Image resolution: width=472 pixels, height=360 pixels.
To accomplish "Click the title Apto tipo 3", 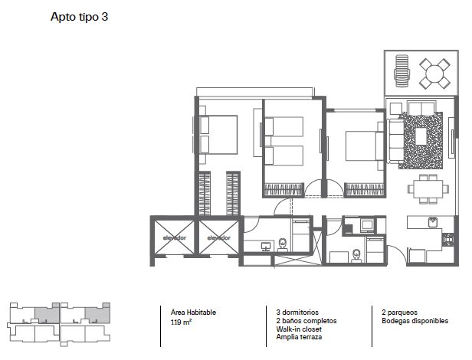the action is click(79, 17).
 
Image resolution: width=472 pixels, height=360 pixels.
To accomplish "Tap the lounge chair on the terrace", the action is click(402, 70).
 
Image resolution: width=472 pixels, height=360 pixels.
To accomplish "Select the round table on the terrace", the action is click(434, 74).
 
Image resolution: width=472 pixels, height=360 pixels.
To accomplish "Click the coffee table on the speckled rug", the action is click(421, 136).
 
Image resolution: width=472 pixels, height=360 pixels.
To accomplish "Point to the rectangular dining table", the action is click(428, 188).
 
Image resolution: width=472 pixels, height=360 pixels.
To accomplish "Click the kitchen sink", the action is click(433, 222).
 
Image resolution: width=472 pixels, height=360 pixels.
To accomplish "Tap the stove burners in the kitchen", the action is click(448, 239).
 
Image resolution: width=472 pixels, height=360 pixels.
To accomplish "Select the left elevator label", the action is click(175, 237).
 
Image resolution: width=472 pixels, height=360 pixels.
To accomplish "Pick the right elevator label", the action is click(219, 237).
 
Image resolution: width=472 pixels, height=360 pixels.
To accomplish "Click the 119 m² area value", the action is click(181, 322).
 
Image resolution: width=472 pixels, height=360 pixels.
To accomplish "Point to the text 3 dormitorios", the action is click(297, 313).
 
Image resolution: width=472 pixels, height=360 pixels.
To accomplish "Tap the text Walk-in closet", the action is click(299, 329).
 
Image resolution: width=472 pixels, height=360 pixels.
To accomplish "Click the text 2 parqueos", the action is click(399, 313).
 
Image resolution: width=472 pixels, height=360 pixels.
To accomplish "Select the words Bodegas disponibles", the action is click(415, 321).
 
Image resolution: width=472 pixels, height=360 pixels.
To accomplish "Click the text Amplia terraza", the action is click(299, 337).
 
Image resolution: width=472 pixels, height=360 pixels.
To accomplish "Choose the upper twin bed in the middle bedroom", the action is click(284, 126).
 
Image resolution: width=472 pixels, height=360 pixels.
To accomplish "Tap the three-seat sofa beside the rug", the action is click(396, 141).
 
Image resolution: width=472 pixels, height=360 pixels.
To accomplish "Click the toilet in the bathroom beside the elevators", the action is click(282, 244).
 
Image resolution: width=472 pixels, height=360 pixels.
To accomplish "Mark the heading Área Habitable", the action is click(193, 313).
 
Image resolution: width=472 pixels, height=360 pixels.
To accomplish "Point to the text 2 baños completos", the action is click(306, 321).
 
